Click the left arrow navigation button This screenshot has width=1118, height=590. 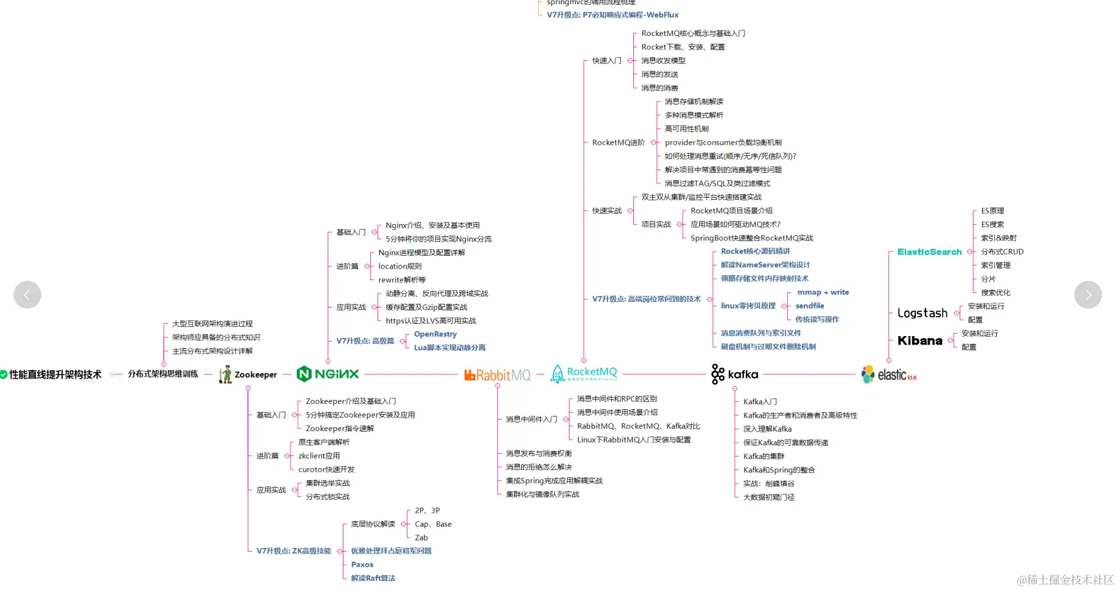coord(27,295)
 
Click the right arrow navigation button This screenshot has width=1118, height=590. coord(1088,295)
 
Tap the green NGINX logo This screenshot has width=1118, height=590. coord(328,374)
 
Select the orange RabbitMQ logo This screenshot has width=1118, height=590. coord(497,375)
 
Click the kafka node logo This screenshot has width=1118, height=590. coord(734,374)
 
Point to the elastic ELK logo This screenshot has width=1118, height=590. coord(888,374)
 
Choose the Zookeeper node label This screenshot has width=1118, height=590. coord(255,374)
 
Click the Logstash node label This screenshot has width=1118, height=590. coord(922,313)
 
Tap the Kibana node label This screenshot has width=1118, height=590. coord(919,341)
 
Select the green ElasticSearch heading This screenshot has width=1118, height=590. coord(929,252)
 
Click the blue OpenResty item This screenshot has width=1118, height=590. coord(435,334)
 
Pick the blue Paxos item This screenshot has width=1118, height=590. coord(362,564)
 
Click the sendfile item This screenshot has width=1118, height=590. coord(809,306)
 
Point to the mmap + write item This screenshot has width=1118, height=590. coord(823,292)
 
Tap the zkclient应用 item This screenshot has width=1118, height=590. coord(319,455)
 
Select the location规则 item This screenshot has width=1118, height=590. coord(399,266)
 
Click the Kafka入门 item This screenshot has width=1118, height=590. coord(760,402)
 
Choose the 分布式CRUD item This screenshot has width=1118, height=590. coord(1002,251)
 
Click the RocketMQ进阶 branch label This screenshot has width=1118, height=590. coord(618,142)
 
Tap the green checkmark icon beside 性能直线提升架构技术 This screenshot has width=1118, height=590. coord(4,374)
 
